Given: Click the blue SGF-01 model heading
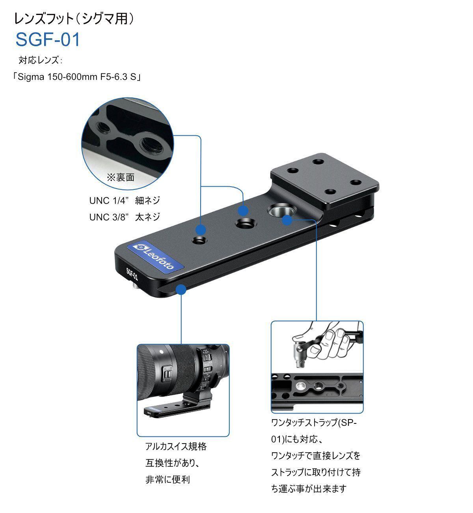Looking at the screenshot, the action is click(x=48, y=40).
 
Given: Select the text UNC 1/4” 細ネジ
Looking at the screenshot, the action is click(x=125, y=200).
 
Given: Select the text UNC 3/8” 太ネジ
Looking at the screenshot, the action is click(x=125, y=217).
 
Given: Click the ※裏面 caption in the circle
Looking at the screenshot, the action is click(x=121, y=178).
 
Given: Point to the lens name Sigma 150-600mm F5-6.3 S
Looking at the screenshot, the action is click(x=77, y=77).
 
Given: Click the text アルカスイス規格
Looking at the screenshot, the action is click(x=176, y=446).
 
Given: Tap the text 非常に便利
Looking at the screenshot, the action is click(x=168, y=479).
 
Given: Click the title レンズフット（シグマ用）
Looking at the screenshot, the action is click(x=74, y=19).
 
